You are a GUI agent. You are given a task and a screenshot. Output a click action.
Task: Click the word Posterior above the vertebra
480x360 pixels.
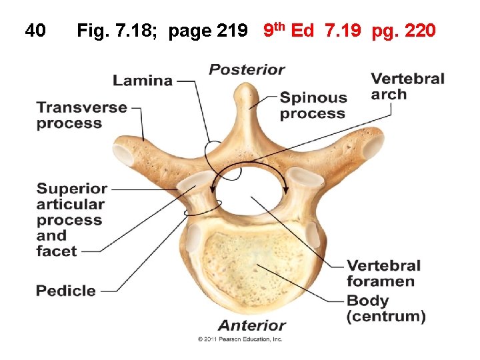click(247, 69)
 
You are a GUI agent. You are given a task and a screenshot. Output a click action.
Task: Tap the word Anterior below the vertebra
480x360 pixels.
click(252, 325)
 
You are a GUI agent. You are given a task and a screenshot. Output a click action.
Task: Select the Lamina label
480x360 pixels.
click(143, 81)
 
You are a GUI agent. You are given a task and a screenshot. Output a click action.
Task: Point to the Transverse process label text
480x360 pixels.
click(81, 115)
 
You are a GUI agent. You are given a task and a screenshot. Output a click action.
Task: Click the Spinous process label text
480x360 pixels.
click(313, 105)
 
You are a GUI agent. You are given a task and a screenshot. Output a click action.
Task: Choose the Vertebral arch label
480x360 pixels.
click(407, 87)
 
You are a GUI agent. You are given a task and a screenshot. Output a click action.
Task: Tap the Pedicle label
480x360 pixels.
click(66, 291)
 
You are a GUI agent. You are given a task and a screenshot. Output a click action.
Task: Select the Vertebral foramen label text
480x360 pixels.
click(383, 273)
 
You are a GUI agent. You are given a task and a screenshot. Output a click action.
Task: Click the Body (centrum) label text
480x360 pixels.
click(386, 309)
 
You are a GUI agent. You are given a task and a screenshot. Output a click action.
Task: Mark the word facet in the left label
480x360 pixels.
click(57, 251)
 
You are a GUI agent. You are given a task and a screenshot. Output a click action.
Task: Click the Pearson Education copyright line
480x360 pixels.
click(240, 339)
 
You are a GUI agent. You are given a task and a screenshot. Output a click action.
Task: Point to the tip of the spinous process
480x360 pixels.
click(248, 88)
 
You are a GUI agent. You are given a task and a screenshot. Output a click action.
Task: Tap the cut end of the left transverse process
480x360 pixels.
click(124, 155)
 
